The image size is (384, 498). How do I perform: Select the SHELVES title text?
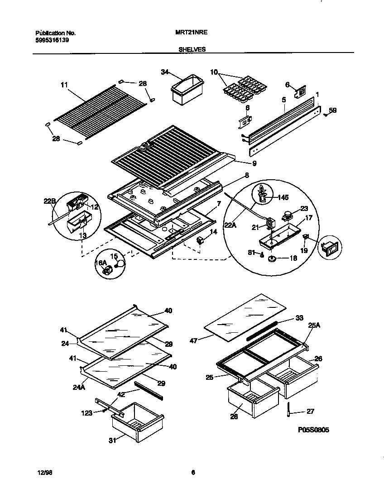click(x=192, y=50)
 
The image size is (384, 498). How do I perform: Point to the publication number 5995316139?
click(x=53, y=40)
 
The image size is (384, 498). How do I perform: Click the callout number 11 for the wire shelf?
click(x=64, y=84)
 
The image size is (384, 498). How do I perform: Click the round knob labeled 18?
click(x=273, y=259)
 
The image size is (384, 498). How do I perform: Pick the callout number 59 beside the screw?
click(x=333, y=110)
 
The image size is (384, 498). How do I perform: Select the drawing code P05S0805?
click(x=313, y=430)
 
